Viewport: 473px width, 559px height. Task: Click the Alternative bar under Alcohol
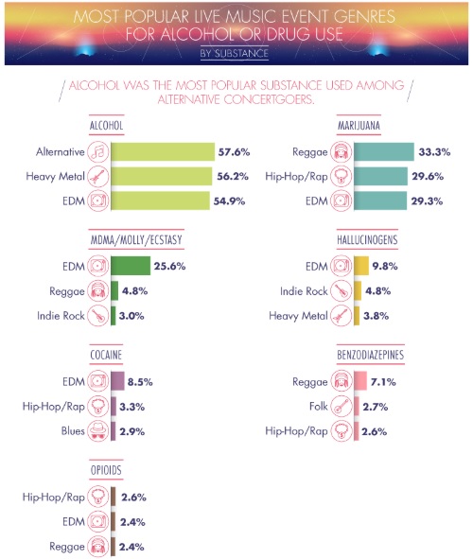pos(163,152)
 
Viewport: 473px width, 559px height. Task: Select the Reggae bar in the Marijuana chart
pos(384,152)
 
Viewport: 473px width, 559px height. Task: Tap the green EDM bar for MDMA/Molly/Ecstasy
pos(131,266)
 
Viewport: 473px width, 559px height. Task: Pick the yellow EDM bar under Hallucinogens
pos(361,266)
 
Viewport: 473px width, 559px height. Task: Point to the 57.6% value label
pos(234,152)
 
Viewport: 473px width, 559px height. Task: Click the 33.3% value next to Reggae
pos(434,152)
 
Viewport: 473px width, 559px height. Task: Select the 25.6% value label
pos(169,267)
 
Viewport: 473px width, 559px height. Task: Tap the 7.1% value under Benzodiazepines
pos(383,382)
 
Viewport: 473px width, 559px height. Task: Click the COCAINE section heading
pos(106,355)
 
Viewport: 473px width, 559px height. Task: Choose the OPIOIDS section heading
pos(106,470)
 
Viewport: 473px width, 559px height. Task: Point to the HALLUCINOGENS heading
pos(367,240)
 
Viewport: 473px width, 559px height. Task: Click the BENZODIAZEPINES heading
pos(370,355)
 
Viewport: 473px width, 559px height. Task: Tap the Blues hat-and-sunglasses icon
pos(98,431)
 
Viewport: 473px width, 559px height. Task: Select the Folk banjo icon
pos(342,407)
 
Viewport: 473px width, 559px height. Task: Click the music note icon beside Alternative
pos(98,152)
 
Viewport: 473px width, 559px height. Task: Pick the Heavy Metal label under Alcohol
pos(55,177)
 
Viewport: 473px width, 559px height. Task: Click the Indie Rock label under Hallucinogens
pos(304,291)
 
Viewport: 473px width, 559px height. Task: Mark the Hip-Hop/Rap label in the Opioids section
pos(54,498)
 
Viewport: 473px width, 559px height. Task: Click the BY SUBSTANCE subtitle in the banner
pos(235,54)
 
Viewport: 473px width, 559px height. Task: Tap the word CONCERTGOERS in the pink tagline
pos(269,99)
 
